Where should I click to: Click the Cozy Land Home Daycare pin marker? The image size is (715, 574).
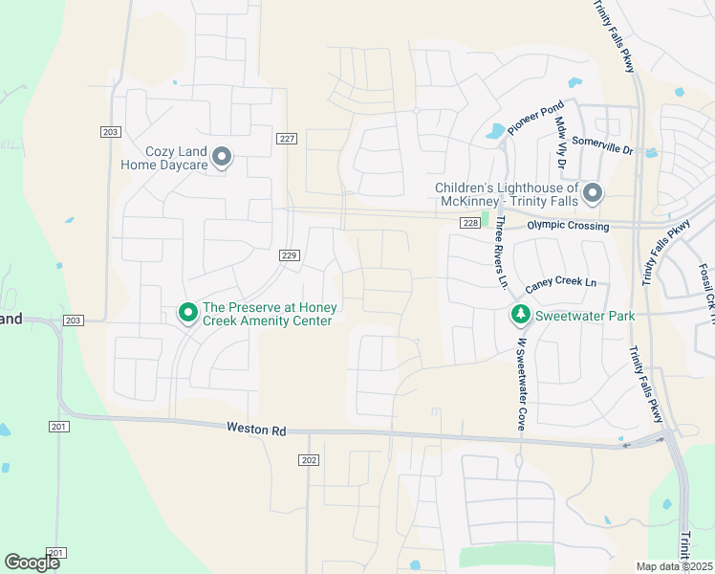click(222, 156)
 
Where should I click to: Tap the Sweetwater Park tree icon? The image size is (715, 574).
click(520, 314)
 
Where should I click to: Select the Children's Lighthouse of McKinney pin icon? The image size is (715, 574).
click(593, 194)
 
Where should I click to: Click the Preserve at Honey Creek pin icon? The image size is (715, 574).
click(187, 312)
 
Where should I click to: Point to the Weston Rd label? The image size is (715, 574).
click(256, 430)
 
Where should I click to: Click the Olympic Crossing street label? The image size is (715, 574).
click(568, 226)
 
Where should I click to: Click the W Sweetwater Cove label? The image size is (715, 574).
click(522, 383)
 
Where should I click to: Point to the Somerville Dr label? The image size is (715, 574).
click(602, 145)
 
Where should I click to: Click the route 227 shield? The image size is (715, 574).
click(287, 139)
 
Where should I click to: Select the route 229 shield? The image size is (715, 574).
click(291, 254)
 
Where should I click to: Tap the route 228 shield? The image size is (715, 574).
click(468, 223)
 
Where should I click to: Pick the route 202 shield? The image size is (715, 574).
click(308, 460)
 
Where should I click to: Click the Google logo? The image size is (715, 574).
click(32, 563)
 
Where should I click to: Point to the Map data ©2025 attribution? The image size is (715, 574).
click(675, 566)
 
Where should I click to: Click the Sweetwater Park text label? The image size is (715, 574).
click(584, 315)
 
